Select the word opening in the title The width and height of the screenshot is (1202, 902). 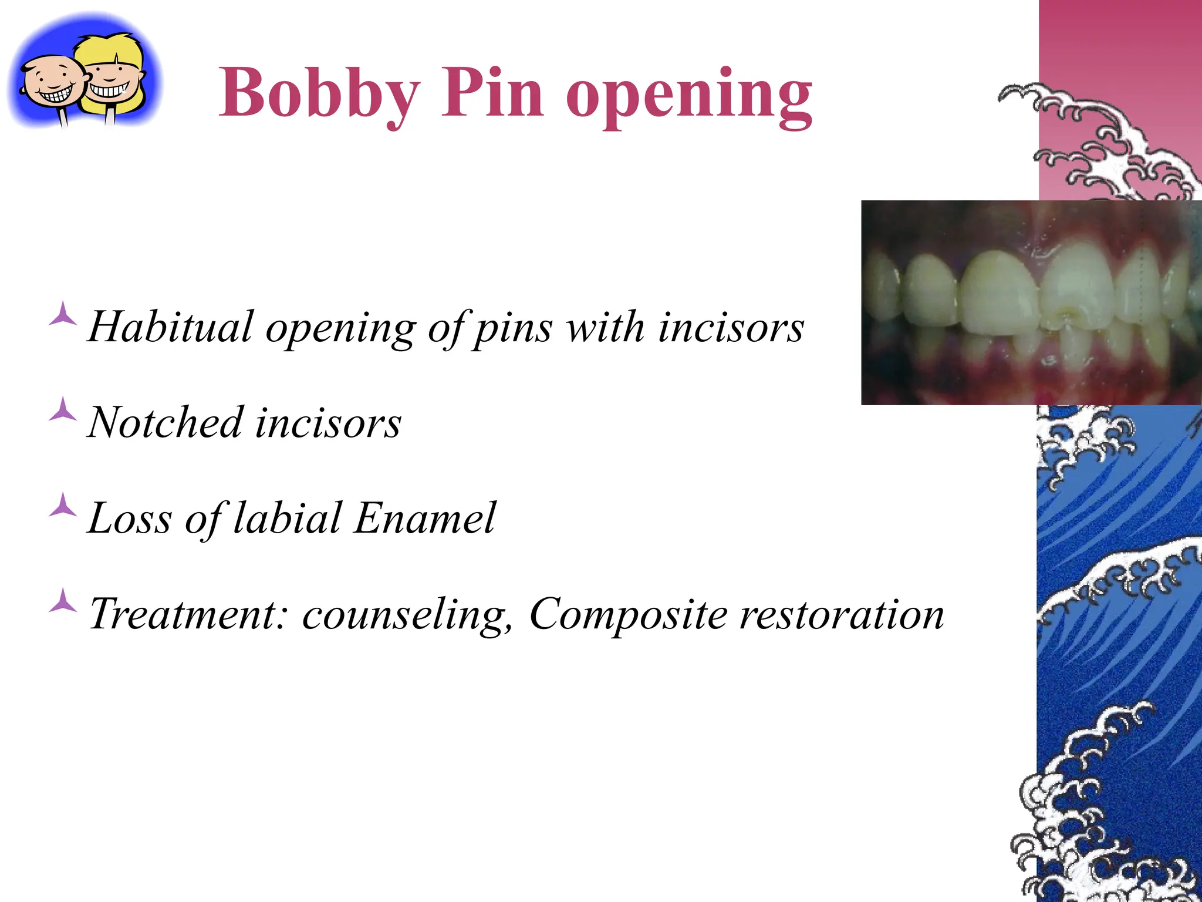coord(689,97)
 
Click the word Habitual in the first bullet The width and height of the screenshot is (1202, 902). coord(171,327)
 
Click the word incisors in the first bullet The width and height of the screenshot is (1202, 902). coord(731,327)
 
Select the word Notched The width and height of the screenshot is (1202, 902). coord(165,422)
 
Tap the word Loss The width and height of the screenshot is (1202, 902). coord(130,518)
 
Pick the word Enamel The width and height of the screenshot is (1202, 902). coord(424,518)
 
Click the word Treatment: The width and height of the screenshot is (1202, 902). coord(188,614)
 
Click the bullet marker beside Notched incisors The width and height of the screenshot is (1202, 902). coord(62,410)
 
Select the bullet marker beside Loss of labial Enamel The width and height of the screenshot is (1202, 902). coord(62,506)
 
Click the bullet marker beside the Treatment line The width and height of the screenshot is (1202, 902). coord(62,601)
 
